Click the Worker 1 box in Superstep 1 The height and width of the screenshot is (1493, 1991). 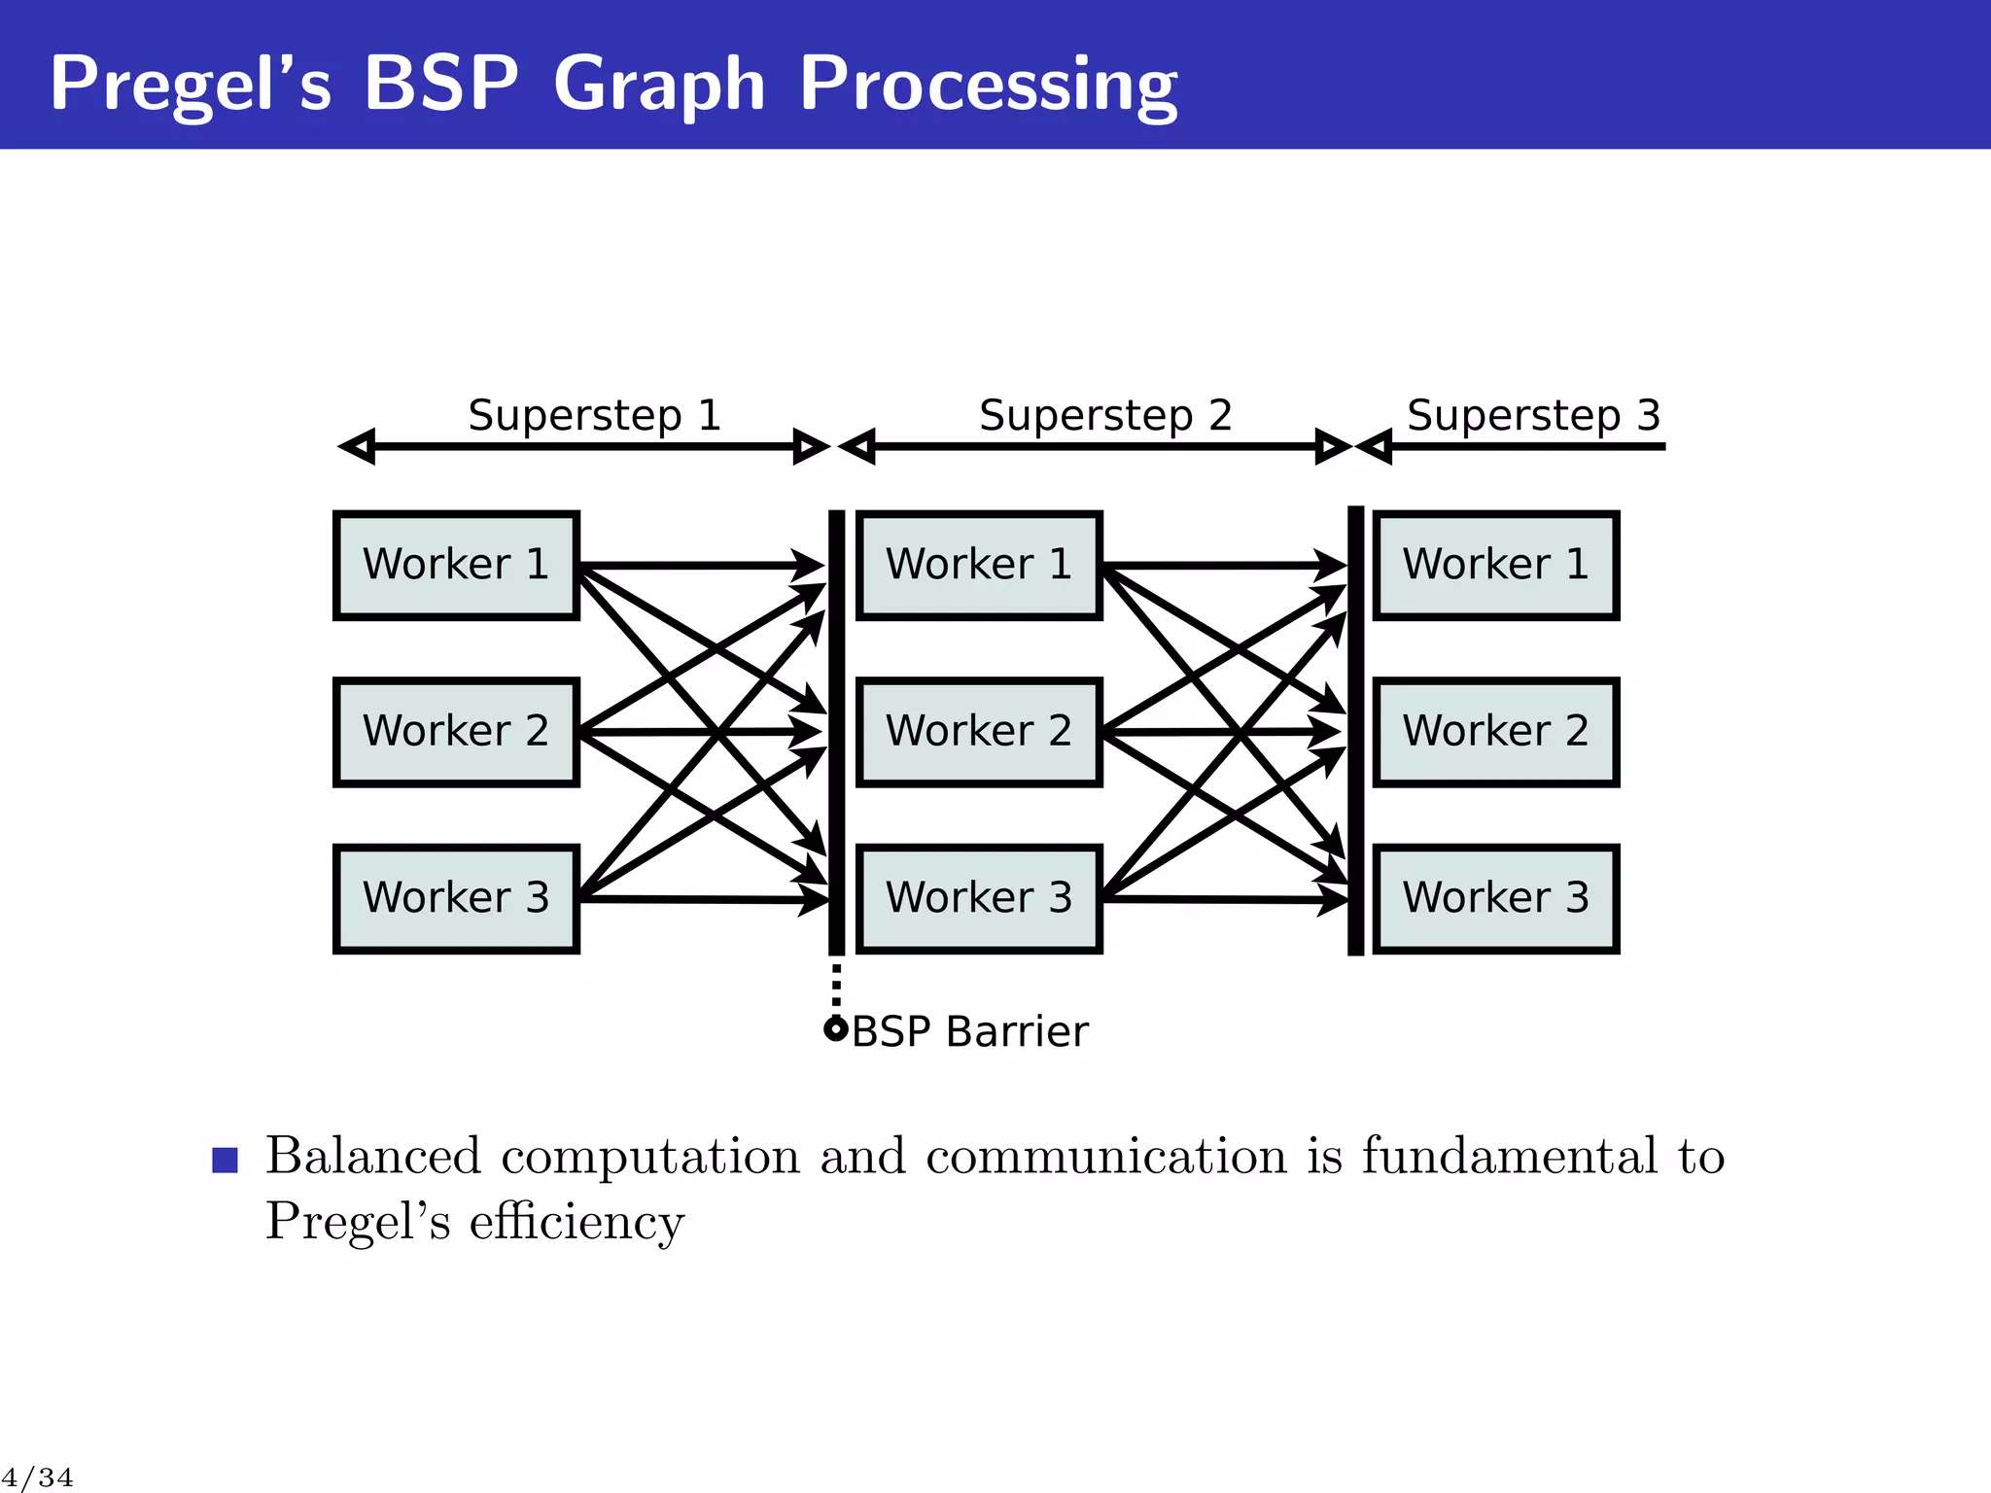(456, 565)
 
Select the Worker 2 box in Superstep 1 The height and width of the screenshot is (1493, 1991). (456, 732)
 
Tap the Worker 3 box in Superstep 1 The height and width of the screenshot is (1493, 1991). (456, 898)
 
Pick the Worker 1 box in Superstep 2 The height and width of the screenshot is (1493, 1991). (979, 565)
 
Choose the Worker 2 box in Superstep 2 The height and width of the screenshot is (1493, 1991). (979, 732)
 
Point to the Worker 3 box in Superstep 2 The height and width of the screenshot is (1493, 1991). (979, 898)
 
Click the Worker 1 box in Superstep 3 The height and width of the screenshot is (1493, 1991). (1495, 565)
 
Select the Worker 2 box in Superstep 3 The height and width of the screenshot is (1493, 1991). (1495, 732)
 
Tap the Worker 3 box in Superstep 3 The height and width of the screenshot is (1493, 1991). (1495, 898)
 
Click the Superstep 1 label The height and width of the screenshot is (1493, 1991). (594, 416)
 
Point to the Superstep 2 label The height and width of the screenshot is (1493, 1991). (1105, 416)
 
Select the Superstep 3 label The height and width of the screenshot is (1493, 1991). (1533, 416)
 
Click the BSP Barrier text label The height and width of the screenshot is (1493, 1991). (969, 1031)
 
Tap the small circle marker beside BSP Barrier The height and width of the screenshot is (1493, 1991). (835, 1029)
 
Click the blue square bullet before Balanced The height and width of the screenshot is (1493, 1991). (225, 1160)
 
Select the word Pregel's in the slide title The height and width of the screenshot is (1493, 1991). (191, 85)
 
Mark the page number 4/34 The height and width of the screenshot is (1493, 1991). (37, 1478)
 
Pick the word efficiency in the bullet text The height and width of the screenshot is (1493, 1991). (576, 1222)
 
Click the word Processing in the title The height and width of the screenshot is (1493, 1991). (988, 86)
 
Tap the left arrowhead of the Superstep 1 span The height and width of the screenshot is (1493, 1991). (356, 447)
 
